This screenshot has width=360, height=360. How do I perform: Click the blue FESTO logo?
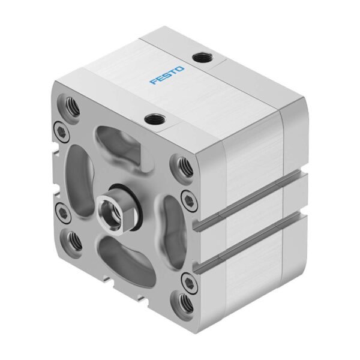point(167,76)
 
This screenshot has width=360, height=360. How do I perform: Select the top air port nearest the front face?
point(154,119)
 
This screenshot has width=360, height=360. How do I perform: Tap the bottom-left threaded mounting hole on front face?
point(73,240)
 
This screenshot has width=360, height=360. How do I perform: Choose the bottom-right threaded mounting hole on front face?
point(185,301)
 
